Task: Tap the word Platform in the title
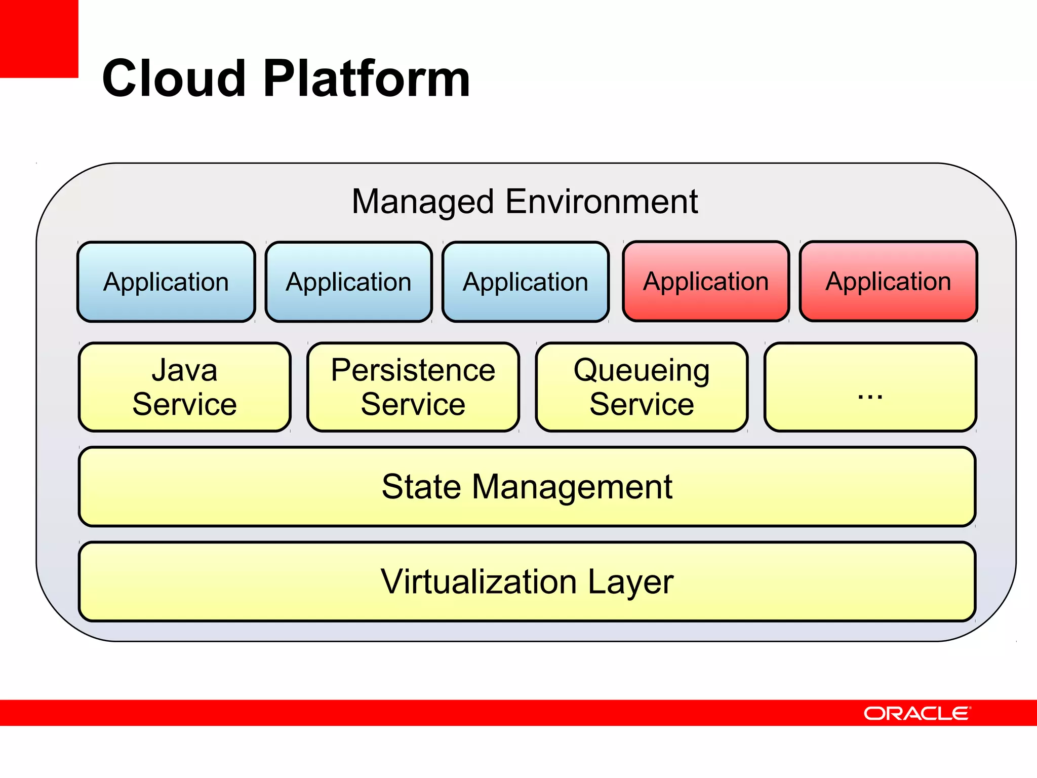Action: point(367,79)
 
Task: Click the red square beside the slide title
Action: point(38,38)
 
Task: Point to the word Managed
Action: point(422,202)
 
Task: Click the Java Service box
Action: point(185,387)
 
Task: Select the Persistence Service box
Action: point(413,387)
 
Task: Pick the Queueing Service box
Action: point(642,387)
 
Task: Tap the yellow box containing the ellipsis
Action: point(870,387)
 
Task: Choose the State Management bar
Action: point(527,486)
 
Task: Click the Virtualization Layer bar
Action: point(527,581)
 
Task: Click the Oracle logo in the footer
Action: point(917,713)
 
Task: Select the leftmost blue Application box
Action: point(166,282)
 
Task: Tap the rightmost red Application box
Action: point(888,281)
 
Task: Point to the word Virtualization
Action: point(478,581)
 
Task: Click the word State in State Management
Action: point(421,487)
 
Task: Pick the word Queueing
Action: point(642,371)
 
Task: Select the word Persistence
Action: point(413,370)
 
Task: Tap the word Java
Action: point(185,370)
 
